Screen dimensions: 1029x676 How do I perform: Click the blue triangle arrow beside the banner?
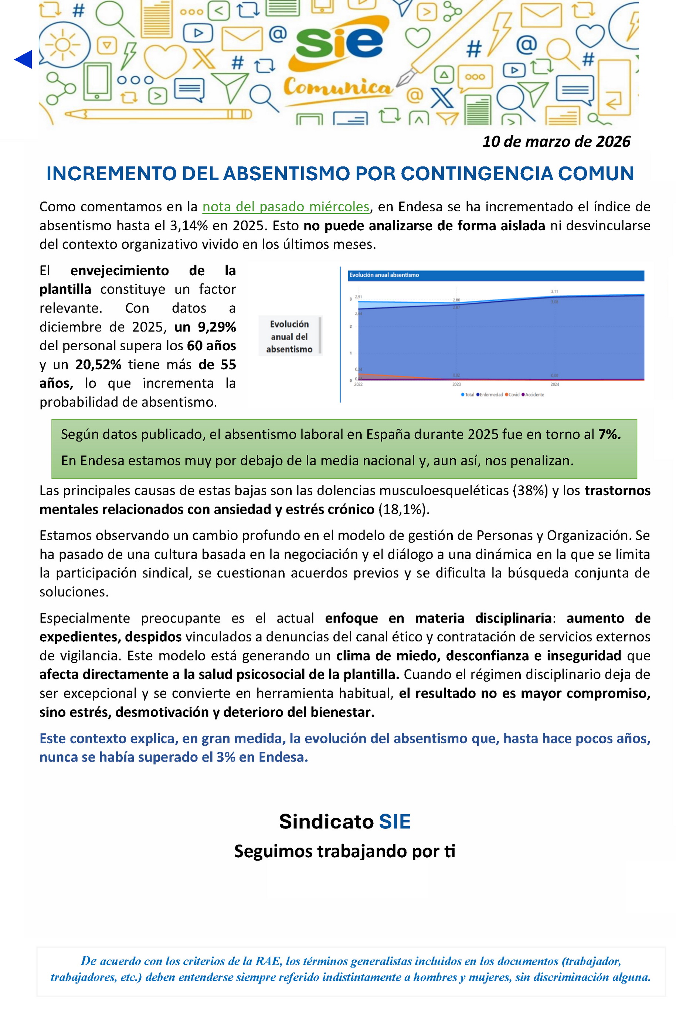click(x=23, y=59)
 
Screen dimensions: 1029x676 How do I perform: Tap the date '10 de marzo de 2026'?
click(x=556, y=142)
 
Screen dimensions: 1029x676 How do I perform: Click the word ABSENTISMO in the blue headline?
click(x=286, y=174)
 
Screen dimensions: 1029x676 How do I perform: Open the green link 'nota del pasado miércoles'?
click(x=286, y=207)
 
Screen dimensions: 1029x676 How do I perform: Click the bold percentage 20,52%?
click(x=98, y=364)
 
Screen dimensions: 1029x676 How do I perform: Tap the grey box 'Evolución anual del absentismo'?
click(x=289, y=336)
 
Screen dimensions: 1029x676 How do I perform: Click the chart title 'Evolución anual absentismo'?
click(x=384, y=275)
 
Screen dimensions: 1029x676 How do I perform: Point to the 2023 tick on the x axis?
click(x=456, y=384)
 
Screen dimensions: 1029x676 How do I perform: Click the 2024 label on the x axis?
click(x=554, y=384)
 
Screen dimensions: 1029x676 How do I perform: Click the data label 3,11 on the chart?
click(x=554, y=292)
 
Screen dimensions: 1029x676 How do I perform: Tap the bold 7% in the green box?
click(x=609, y=434)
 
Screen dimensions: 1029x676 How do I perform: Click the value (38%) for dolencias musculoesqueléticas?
click(x=530, y=490)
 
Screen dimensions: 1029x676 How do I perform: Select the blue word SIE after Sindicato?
click(x=394, y=821)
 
